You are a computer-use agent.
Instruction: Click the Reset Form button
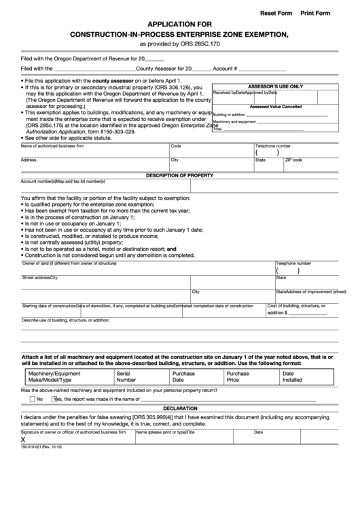pyautogui.click(x=276, y=13)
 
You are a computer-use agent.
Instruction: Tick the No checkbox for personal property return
pyautogui.click(x=31, y=399)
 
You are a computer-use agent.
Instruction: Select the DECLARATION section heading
pyautogui.click(x=180, y=408)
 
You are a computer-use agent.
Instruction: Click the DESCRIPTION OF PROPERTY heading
pyautogui.click(x=180, y=175)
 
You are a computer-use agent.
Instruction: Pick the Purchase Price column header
pyautogui.click(x=238, y=376)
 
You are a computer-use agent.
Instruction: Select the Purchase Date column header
pyautogui.click(x=183, y=376)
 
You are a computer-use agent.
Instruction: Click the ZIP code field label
pyautogui.click(x=293, y=160)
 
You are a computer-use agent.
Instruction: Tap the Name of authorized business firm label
pyautogui.click(x=52, y=145)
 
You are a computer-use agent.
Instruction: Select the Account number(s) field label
pyautogui.click(x=38, y=181)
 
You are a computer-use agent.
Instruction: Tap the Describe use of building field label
pyautogui.click(x=65, y=319)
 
